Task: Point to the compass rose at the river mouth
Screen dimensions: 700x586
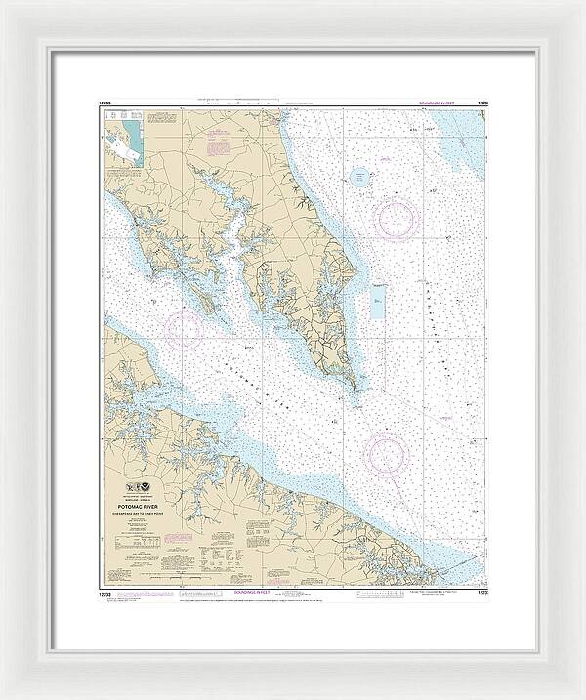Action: (385, 453)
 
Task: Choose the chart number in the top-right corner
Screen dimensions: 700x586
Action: (481, 104)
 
